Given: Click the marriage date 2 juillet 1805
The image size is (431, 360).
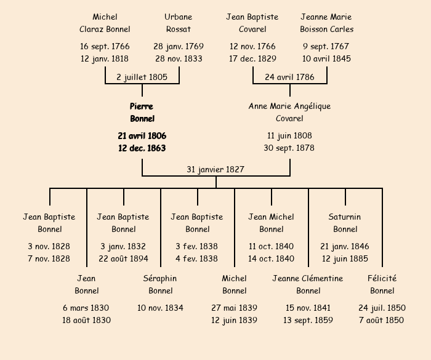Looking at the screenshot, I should point(142,77).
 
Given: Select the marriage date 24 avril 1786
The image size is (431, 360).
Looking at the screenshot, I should point(289,77).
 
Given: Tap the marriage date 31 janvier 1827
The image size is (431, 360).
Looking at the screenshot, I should point(216,169).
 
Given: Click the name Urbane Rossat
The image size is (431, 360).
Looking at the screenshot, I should point(179,23).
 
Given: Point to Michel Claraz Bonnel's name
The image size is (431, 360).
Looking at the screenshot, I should point(105,23).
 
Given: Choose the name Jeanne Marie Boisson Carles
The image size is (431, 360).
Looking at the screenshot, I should point(326,23).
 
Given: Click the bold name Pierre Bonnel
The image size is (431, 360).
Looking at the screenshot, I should point(142,112).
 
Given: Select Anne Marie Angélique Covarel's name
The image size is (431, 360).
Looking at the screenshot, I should point(289,112).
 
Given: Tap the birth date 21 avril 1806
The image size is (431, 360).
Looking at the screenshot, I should point(142,135).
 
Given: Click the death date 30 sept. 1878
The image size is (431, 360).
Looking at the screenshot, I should point(289,148).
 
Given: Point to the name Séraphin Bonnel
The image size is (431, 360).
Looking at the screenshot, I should point(160,284).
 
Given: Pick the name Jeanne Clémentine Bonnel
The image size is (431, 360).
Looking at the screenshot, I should point(308,284).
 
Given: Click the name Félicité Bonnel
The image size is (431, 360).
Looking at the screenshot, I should point(382,284).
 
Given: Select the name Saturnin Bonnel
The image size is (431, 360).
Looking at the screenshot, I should point(345,223).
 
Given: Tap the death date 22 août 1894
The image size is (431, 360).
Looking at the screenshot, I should point(123,258).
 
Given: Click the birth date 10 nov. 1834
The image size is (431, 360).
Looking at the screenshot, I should point(160,308).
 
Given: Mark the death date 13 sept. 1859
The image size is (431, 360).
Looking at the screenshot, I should point(308,320).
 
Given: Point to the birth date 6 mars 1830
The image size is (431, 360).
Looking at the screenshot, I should point(86,308).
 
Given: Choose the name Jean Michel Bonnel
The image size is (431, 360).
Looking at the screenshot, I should point(271,223).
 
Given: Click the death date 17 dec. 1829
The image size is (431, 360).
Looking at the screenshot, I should point(252,58).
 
